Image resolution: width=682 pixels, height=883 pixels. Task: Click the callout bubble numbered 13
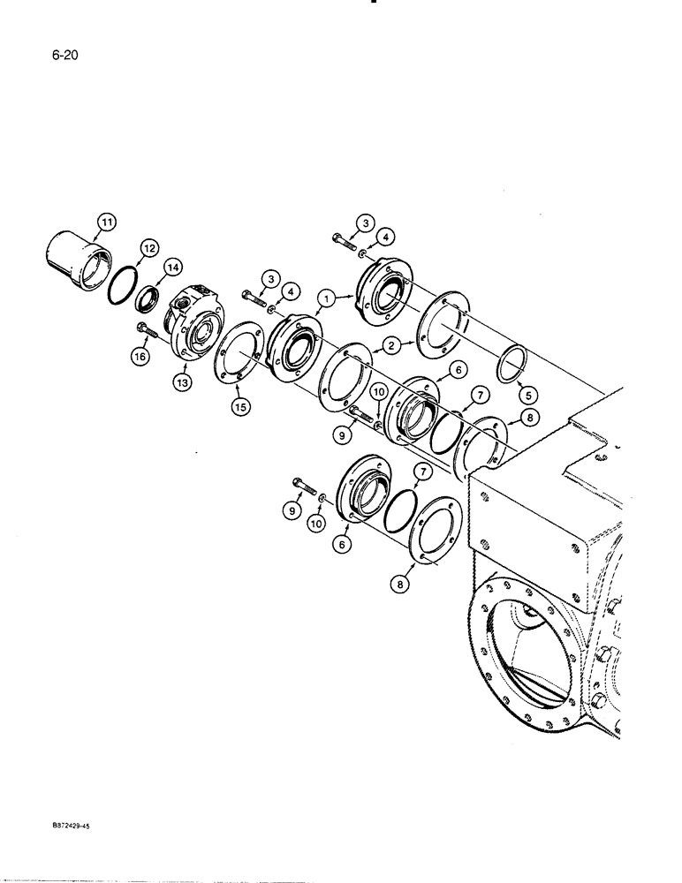click(184, 383)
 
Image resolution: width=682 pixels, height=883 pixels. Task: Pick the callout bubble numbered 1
click(328, 300)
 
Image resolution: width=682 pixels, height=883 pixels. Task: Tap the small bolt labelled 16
click(148, 333)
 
